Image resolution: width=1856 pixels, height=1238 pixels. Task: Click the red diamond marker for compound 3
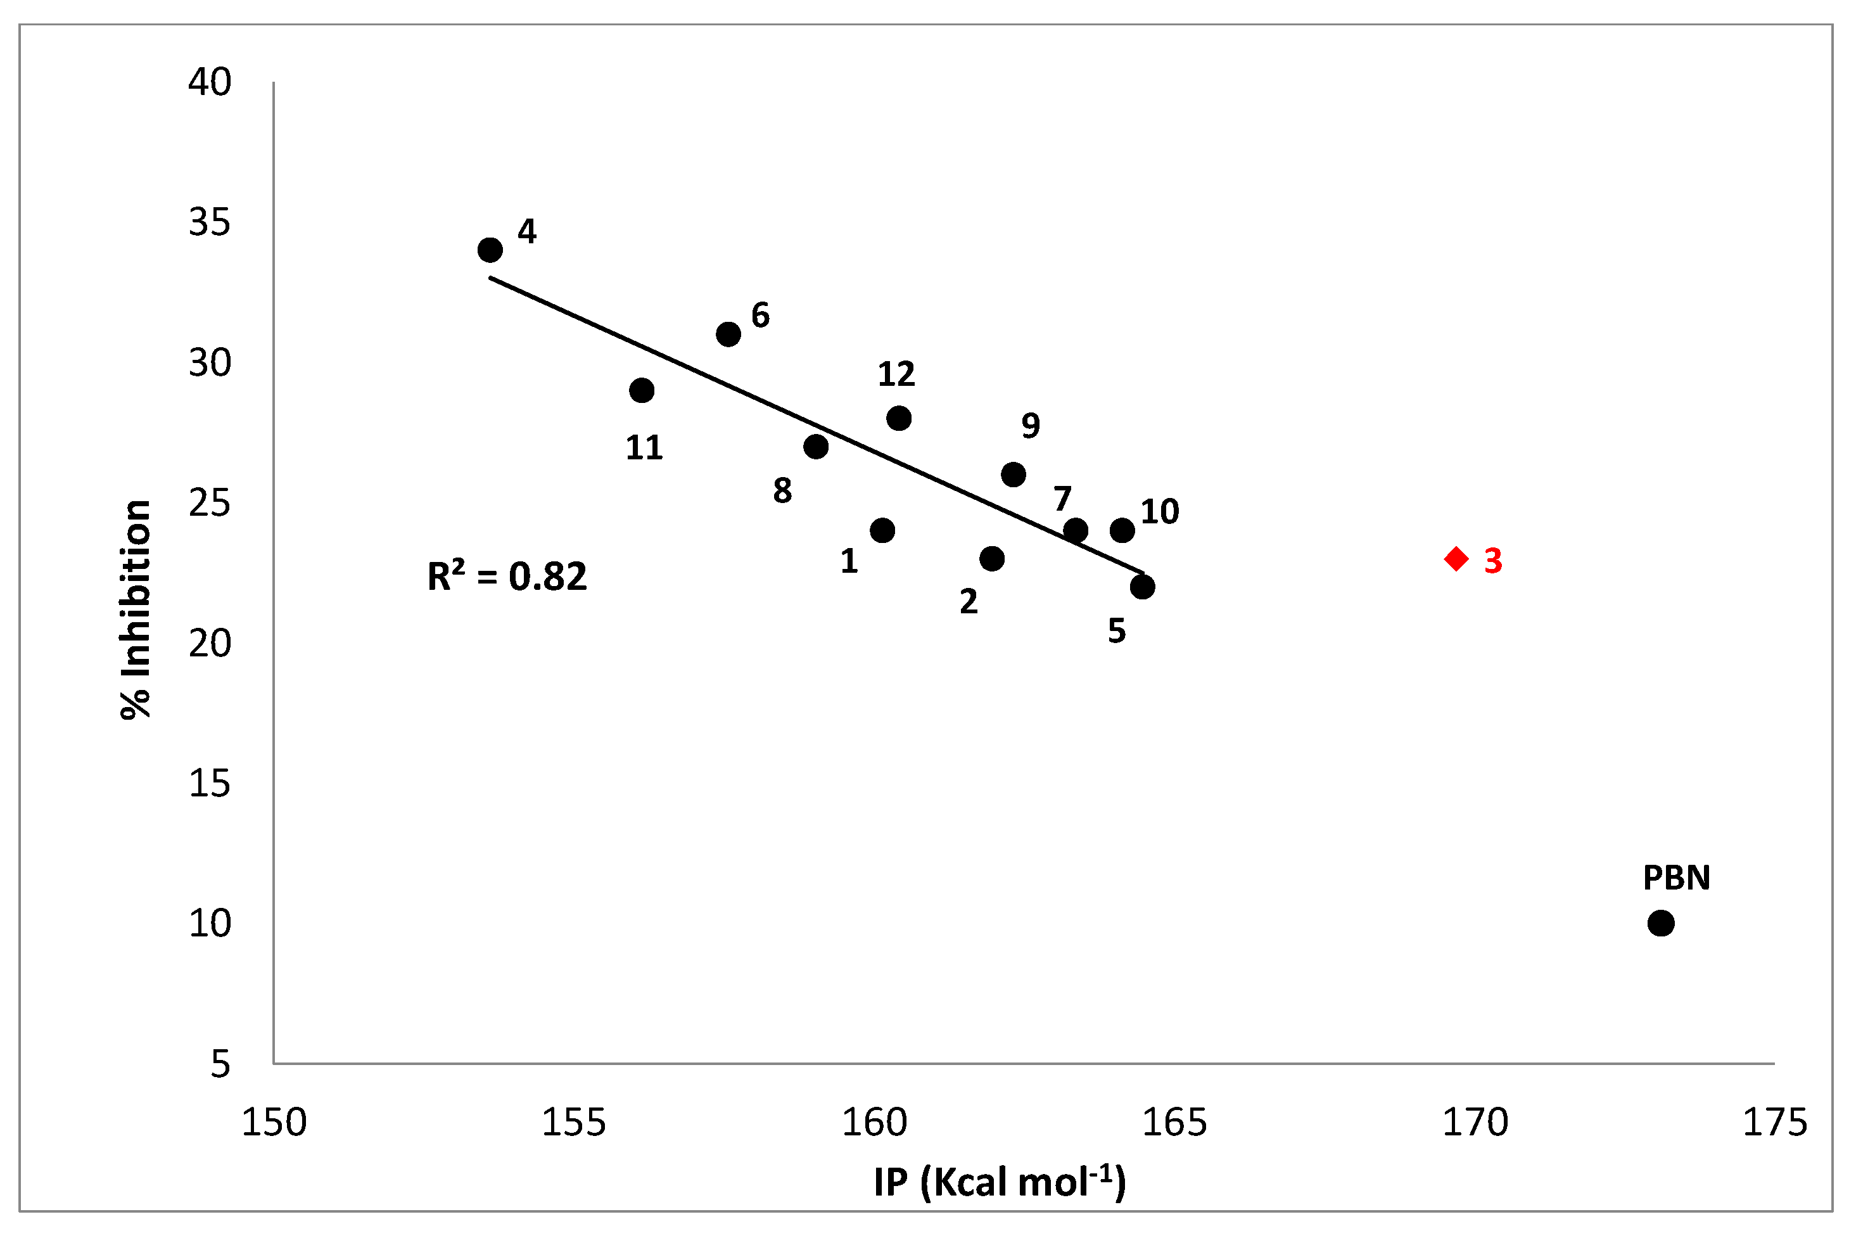click(1456, 559)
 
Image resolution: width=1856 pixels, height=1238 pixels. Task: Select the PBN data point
click(1661, 923)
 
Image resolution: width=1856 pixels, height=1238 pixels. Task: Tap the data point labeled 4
click(490, 250)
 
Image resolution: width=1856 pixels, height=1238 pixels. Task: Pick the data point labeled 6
click(728, 335)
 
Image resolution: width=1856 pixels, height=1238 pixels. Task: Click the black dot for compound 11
click(642, 390)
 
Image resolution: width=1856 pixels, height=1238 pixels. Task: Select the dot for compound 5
click(1142, 587)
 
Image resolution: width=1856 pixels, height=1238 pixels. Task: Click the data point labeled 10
click(1122, 530)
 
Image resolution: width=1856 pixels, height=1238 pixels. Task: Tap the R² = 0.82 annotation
click(507, 577)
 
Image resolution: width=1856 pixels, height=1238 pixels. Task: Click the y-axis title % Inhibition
click(136, 609)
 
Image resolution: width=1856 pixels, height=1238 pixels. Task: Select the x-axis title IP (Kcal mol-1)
click(1000, 1182)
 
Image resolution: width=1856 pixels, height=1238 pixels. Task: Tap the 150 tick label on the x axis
click(274, 1122)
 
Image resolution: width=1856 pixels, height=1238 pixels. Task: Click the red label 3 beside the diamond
click(1493, 561)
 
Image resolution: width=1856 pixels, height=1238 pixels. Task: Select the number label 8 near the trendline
click(782, 491)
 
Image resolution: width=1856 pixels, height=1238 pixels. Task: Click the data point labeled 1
click(882, 530)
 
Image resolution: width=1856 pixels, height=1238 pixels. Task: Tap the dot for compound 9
click(1014, 475)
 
